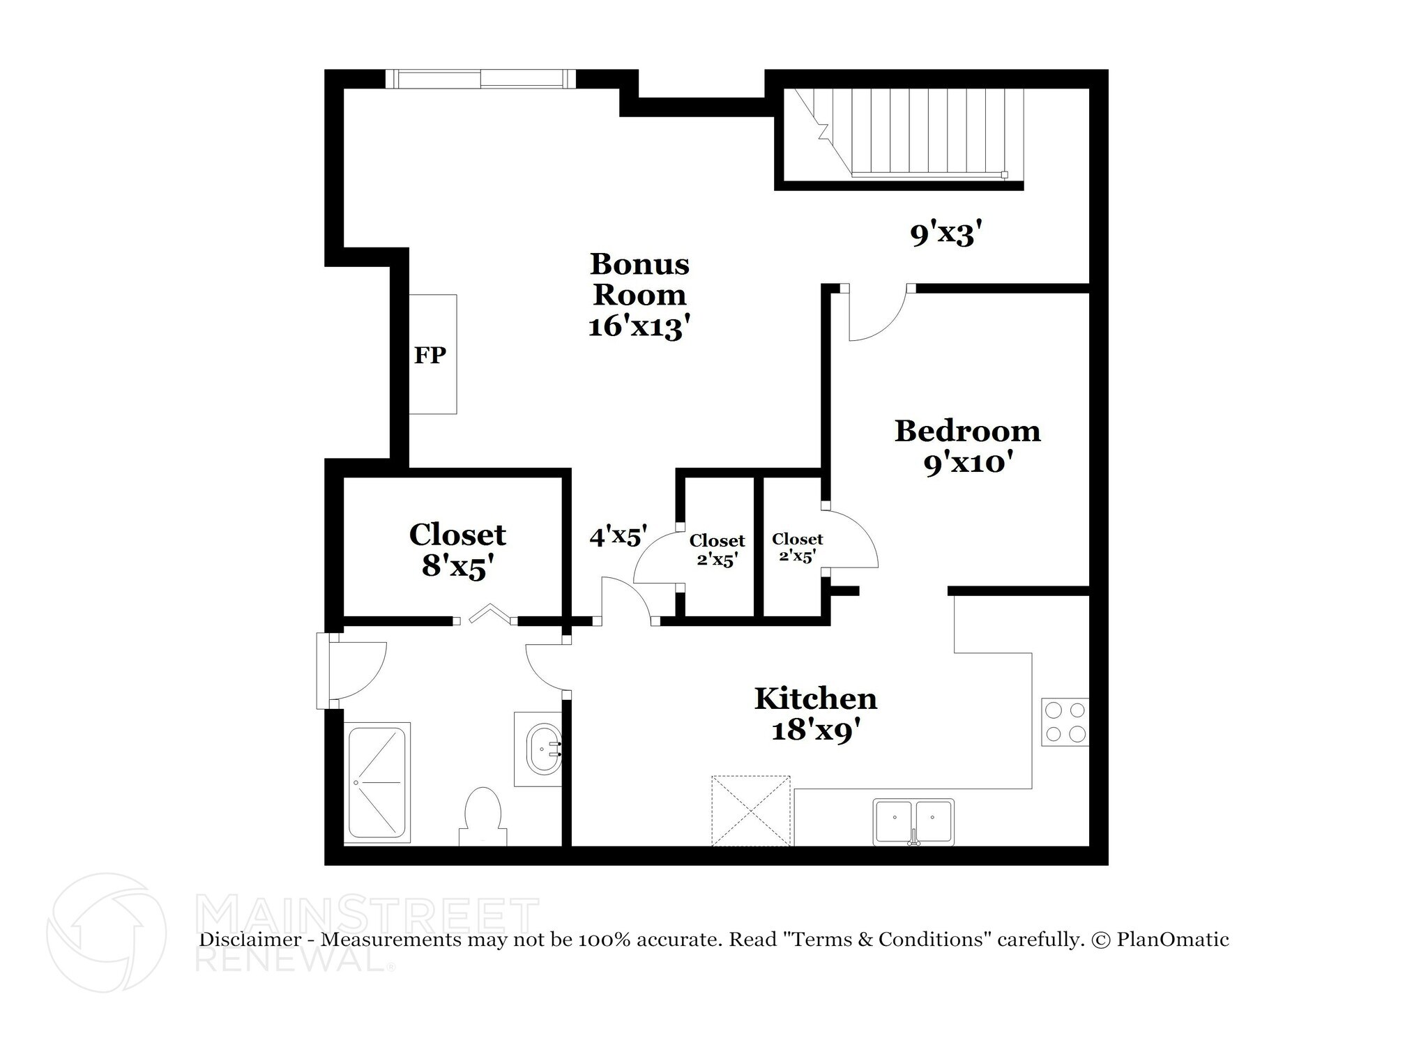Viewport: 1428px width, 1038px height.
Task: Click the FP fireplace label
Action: pos(430,356)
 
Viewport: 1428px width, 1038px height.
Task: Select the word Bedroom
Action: pos(967,431)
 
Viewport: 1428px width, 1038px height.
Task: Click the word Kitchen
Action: pos(815,699)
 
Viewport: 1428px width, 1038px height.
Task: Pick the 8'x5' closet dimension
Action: pos(457,567)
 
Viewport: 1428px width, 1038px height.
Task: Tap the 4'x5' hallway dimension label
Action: pos(618,537)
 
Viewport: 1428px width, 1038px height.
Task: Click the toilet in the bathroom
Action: pos(483,816)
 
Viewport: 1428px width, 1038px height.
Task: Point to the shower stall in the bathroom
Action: pos(377,783)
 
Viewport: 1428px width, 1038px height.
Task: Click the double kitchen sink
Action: pos(913,822)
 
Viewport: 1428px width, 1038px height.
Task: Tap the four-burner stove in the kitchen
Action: pos(1065,722)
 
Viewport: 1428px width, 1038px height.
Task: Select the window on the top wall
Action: pos(480,79)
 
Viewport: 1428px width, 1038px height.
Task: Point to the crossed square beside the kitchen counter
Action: pos(751,811)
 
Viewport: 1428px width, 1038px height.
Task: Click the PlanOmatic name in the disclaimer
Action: pos(1173,940)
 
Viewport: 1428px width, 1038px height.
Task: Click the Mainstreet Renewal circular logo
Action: pos(107,933)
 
